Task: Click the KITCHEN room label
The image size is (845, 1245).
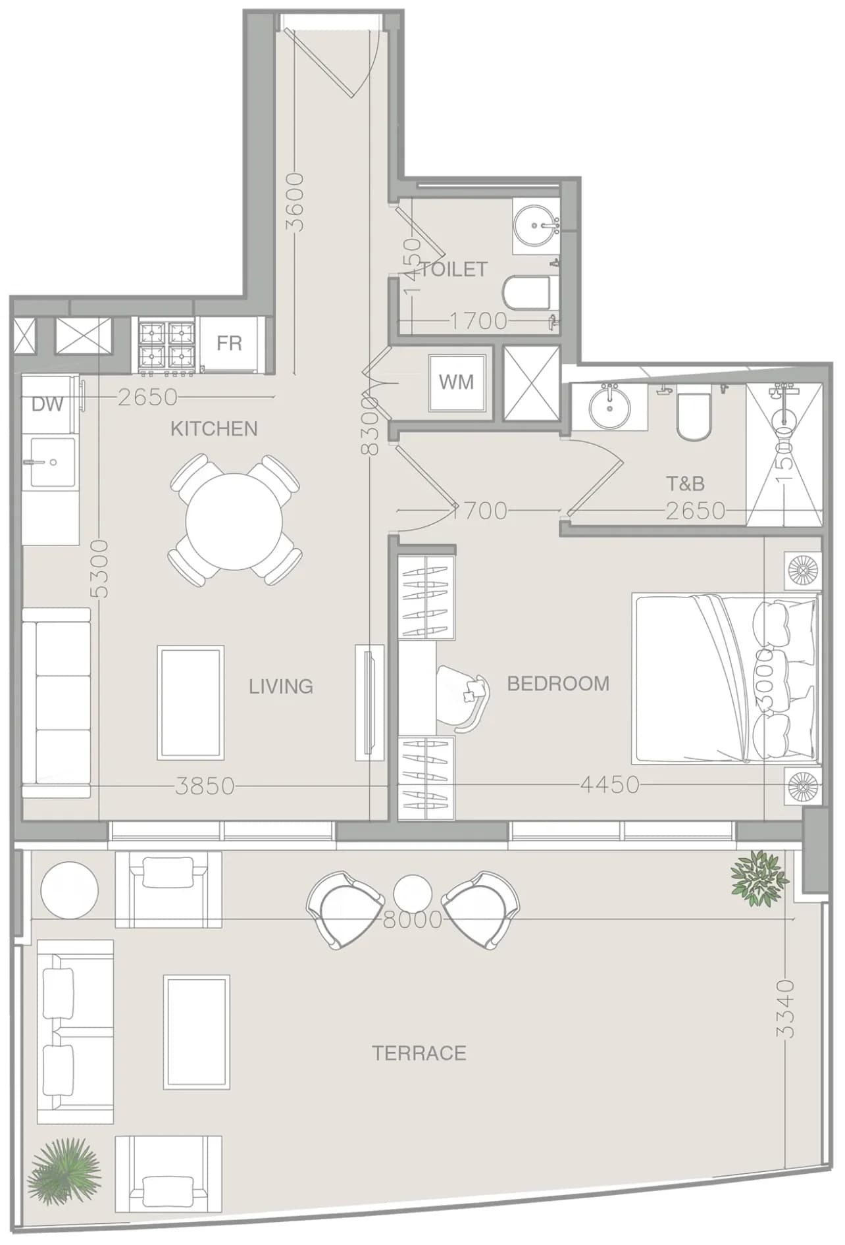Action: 214,429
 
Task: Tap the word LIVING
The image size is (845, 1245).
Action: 281,686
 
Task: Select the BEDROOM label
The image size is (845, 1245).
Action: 558,684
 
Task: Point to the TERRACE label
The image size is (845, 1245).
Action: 419,1054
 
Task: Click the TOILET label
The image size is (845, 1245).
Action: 454,269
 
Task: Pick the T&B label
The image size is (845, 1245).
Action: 685,484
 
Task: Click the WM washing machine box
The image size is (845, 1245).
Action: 456,382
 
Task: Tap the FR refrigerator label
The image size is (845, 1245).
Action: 230,343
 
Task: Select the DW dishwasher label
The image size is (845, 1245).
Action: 47,404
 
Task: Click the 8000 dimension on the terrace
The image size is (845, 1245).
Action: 412,919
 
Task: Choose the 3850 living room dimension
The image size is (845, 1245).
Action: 205,786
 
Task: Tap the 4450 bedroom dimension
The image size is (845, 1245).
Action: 609,784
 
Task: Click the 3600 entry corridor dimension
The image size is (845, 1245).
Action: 296,201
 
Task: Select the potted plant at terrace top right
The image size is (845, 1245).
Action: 759,875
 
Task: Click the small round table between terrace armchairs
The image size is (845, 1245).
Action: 413,894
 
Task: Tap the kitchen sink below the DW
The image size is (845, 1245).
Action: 49,462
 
